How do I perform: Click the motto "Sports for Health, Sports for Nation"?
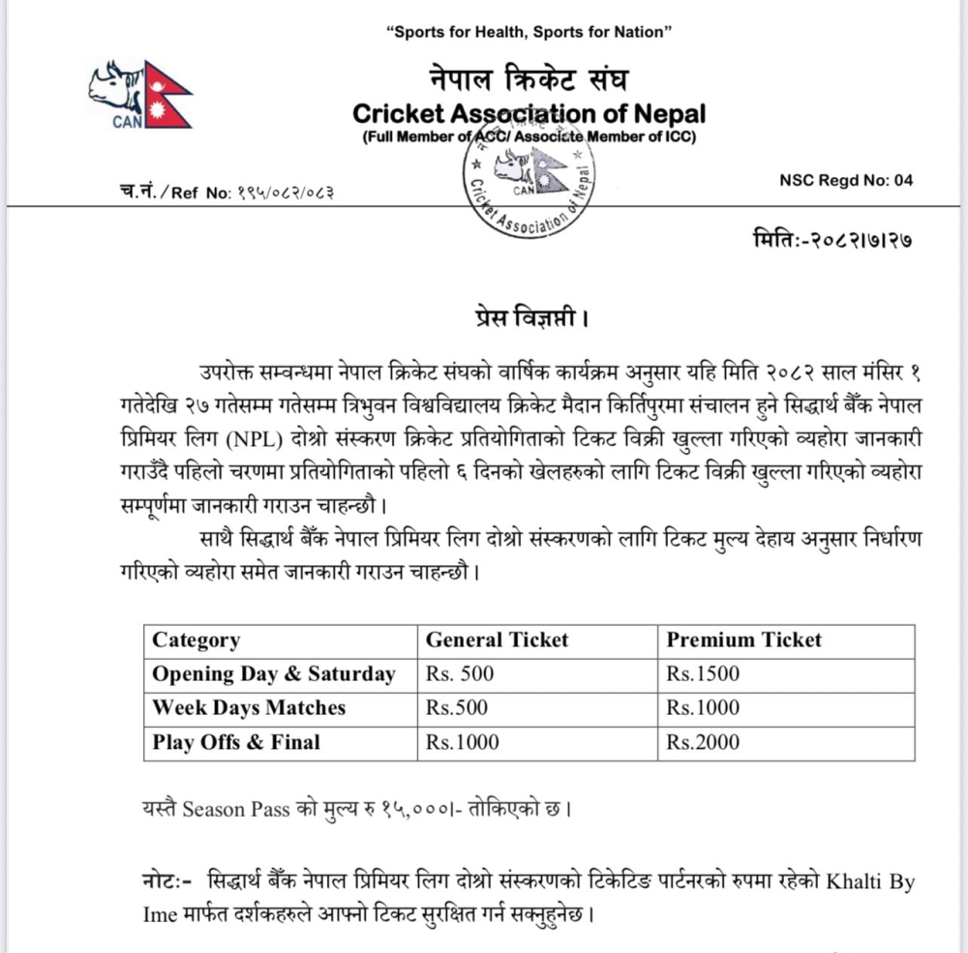529,33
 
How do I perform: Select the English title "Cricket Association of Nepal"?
529,113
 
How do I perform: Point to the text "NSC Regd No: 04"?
845,180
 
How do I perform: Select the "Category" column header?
197,640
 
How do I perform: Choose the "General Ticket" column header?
497,640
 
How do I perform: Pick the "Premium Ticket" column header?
743,640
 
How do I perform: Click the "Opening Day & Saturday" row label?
274,673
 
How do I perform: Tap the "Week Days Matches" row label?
249,707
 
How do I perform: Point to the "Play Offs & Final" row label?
236,742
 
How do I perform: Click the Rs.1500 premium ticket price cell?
703,673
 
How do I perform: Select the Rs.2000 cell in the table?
703,742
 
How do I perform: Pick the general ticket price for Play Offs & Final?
463,742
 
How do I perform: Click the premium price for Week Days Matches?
703,707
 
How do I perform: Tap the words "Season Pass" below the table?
235,809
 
